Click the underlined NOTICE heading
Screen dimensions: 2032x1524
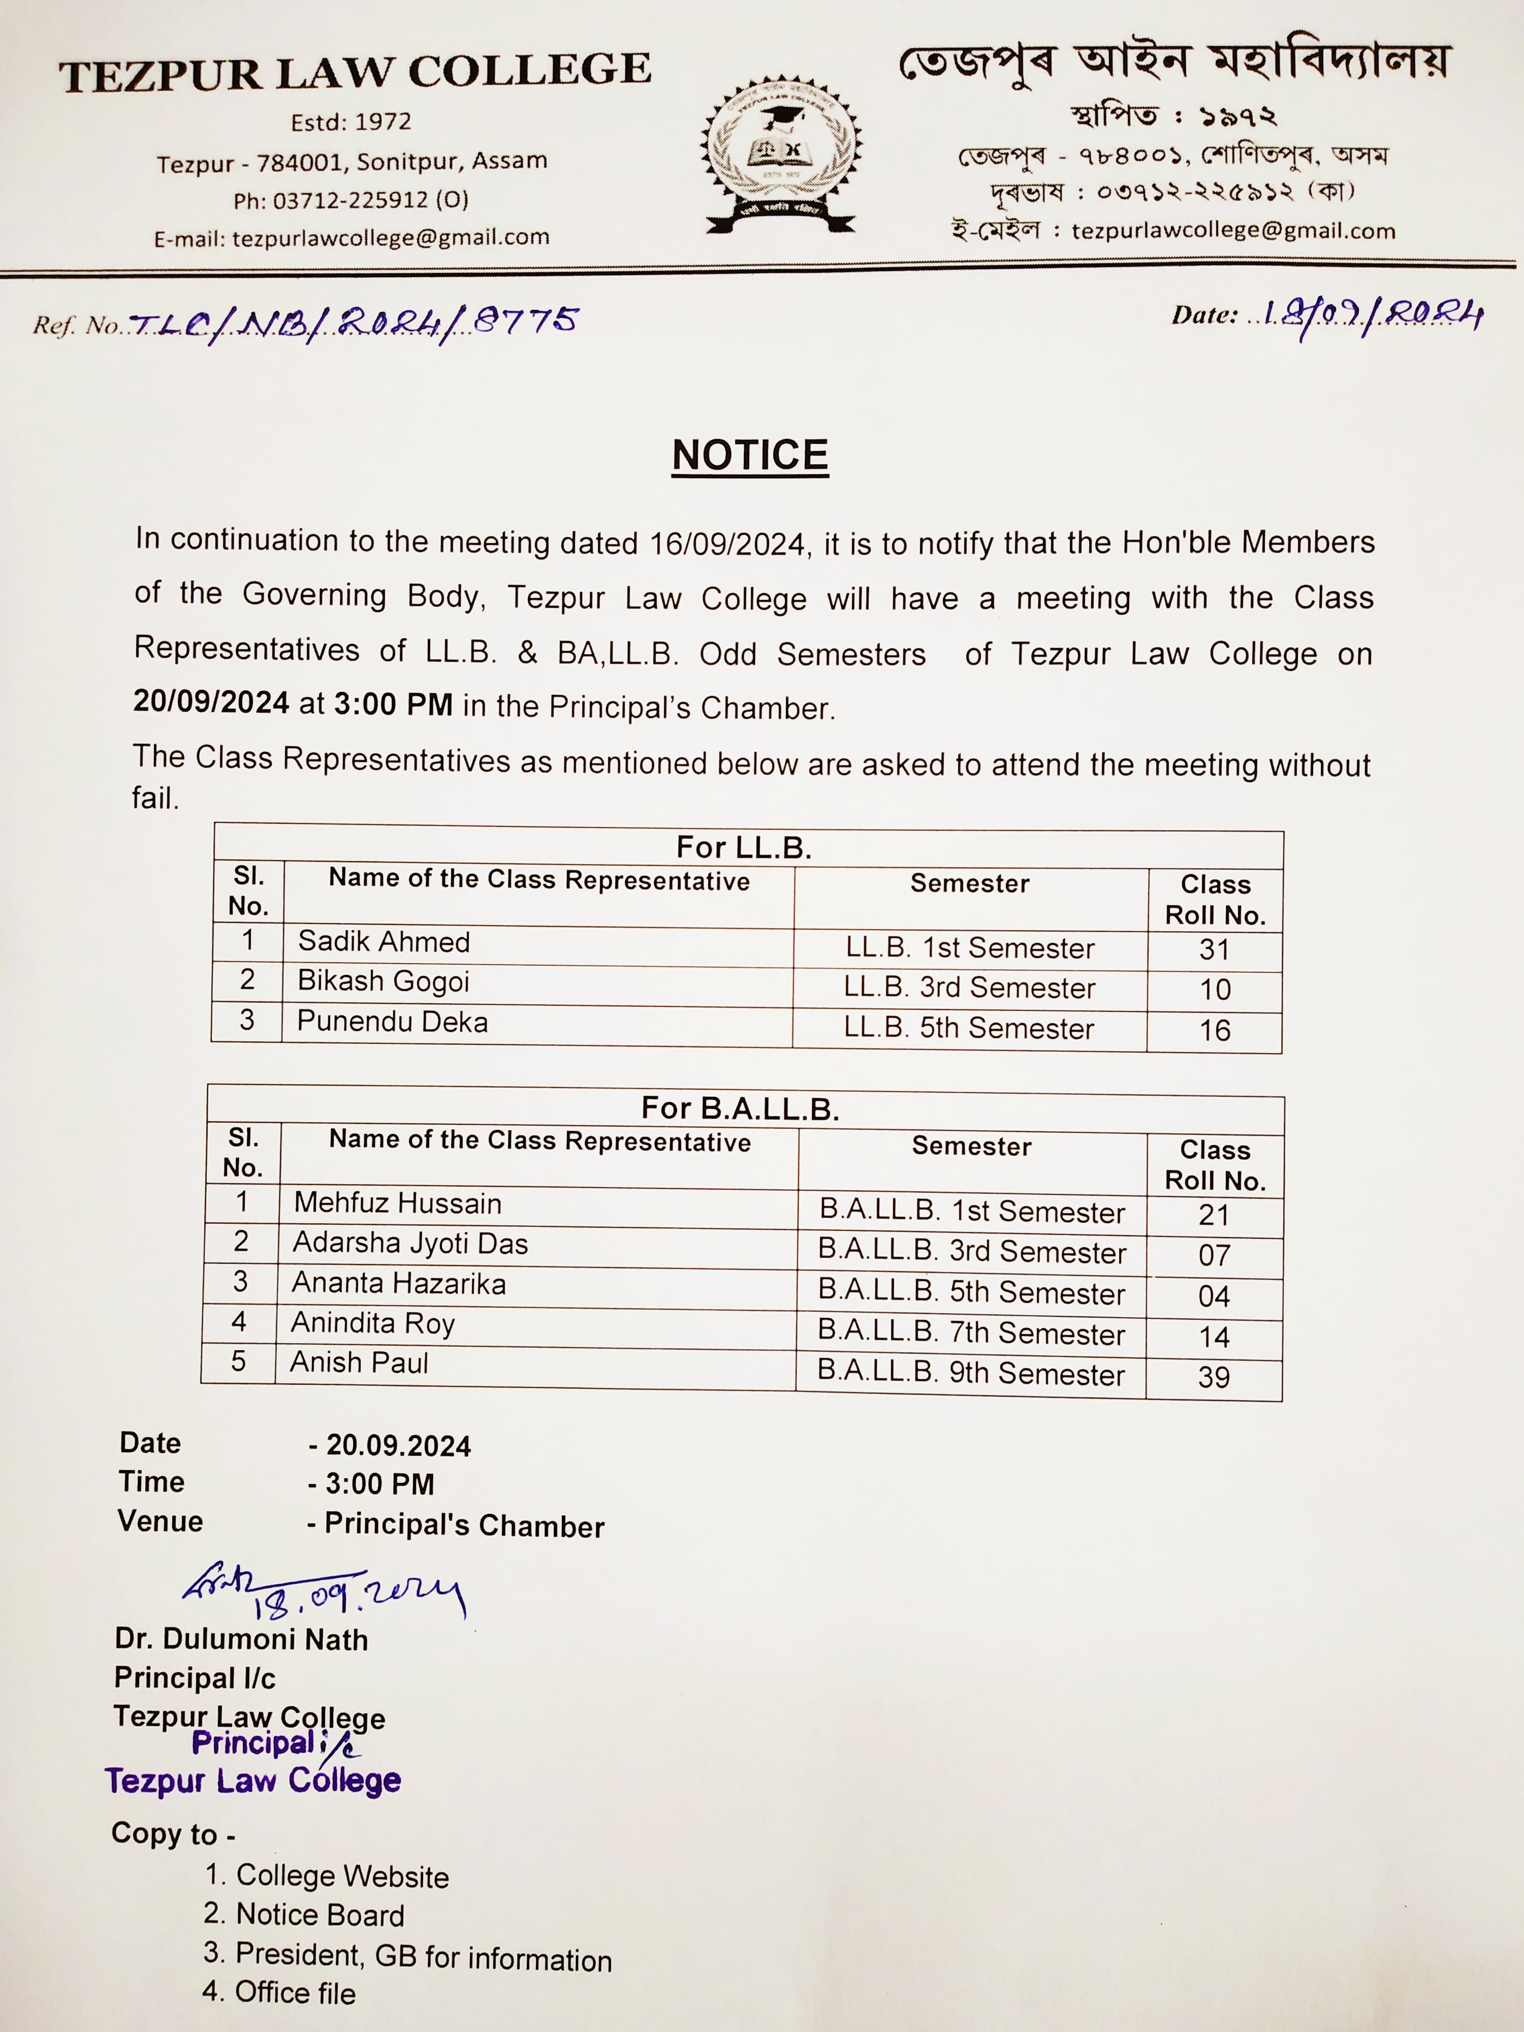click(750, 456)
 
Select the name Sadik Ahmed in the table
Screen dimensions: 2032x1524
click(384, 942)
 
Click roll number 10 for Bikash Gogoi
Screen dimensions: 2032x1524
click(1215, 990)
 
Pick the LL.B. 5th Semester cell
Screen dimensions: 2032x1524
click(969, 1028)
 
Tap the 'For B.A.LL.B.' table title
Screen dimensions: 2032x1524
click(741, 1108)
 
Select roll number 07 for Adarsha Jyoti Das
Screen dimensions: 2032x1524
click(1214, 1255)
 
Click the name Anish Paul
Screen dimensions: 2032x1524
click(359, 1362)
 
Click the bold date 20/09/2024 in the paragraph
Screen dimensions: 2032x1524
click(211, 702)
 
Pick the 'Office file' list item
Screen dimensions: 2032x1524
click(294, 1992)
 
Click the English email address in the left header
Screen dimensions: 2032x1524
click(391, 238)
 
